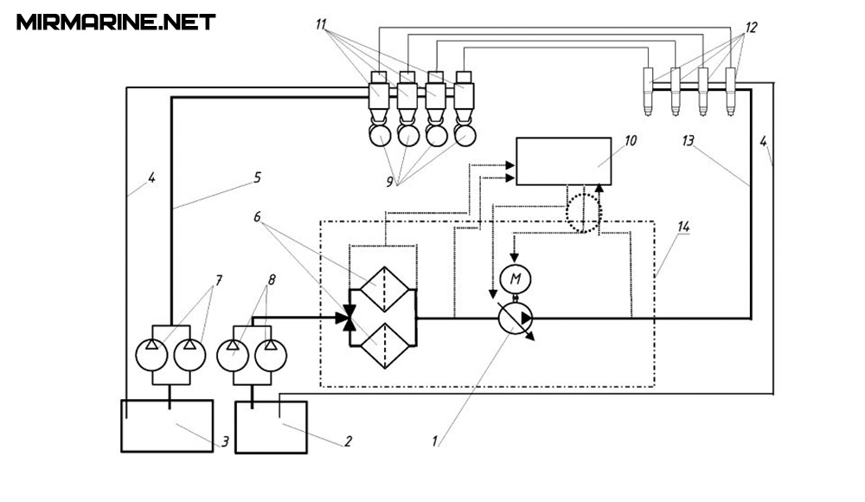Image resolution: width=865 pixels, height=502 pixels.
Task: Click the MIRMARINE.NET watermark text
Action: point(116,22)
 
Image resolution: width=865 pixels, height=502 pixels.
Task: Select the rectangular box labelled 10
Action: point(563,160)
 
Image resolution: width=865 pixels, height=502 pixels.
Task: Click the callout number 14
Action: point(683,228)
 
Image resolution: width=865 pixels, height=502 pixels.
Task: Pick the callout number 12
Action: point(750,28)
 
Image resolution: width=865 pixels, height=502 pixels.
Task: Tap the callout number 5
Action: point(257,177)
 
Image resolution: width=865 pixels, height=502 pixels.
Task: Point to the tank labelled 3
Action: point(166,425)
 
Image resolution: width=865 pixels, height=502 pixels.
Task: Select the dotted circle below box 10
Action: point(584,212)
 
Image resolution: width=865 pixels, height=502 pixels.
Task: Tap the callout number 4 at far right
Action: point(763,142)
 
